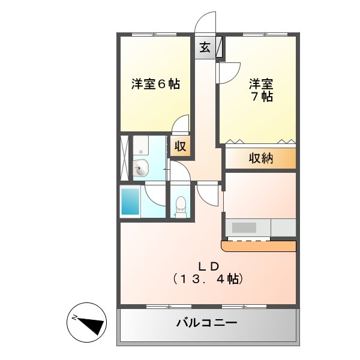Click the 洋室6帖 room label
click(x=155, y=84)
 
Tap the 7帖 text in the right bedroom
click(x=262, y=96)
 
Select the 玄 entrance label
click(x=205, y=47)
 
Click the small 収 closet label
click(x=180, y=146)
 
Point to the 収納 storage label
click(x=261, y=158)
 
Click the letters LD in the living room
click(x=208, y=266)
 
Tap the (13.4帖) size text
click(x=208, y=279)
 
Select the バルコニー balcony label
click(x=206, y=323)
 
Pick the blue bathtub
click(x=131, y=202)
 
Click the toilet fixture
click(x=181, y=208)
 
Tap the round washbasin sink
click(x=140, y=168)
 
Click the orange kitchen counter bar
click(x=260, y=246)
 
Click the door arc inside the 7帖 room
click(x=229, y=73)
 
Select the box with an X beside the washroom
click(x=125, y=157)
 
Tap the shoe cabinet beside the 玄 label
click(x=219, y=47)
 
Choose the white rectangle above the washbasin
click(x=140, y=145)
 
